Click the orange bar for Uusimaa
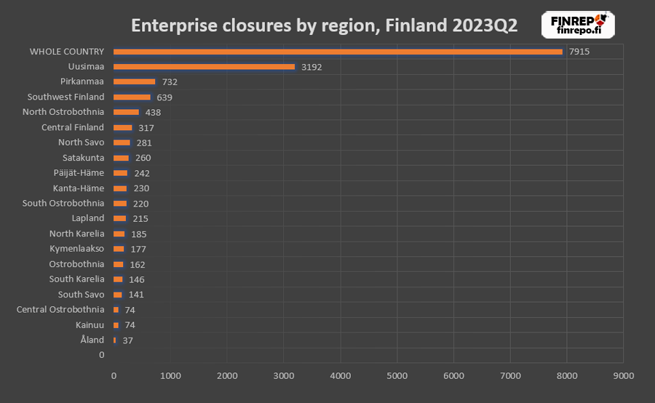coord(204,67)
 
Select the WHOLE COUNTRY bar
coord(338,52)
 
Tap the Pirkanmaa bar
coord(135,82)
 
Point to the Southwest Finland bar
coord(132,97)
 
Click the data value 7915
coord(579,52)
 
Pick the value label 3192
coord(311,67)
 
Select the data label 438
coord(153,113)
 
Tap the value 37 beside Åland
coord(127,340)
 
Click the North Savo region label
coord(81,143)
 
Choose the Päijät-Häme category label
coord(79,173)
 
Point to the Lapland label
coord(88,218)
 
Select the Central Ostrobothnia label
coord(60,310)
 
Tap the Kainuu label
coord(90,325)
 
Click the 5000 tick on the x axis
coord(397,376)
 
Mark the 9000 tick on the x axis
coord(623,376)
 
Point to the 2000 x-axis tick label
coord(227,376)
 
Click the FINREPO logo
coord(579,25)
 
